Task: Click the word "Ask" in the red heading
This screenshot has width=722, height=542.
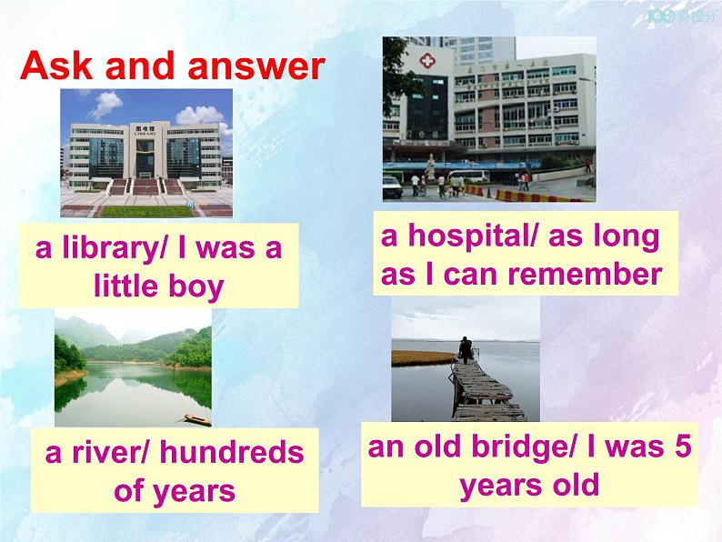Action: [56, 65]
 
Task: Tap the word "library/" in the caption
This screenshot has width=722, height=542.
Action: [115, 249]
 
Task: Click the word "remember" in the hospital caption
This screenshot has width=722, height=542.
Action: [585, 275]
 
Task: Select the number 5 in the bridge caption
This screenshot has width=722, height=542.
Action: [683, 447]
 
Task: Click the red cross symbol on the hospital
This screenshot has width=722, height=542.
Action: [426, 61]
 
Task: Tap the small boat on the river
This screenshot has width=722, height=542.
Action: [197, 419]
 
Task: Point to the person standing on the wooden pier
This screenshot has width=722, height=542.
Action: [466, 349]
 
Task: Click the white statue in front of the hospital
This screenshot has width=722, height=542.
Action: [430, 167]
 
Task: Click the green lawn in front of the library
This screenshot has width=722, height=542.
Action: [146, 211]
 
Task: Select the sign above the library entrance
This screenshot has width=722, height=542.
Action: [145, 129]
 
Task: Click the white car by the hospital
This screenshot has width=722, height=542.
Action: [392, 187]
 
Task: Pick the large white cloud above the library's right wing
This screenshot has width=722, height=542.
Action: [200, 115]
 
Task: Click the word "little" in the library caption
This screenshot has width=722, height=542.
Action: [125, 286]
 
